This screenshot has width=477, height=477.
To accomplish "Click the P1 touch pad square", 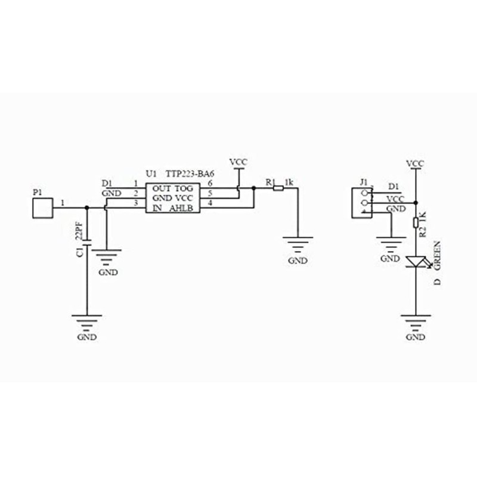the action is tap(42, 208).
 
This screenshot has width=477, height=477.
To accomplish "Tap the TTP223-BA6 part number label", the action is tap(190, 174).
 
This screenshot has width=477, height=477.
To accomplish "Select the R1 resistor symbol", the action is tap(278, 188).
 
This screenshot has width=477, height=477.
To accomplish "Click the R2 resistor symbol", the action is tap(416, 222).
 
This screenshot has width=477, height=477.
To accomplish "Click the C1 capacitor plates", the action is tap(87, 243).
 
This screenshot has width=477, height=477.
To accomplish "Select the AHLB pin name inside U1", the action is tap(181, 208).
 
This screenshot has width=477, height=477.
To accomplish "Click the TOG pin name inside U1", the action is tap(184, 188).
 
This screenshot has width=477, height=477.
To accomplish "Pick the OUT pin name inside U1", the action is tap(162, 188).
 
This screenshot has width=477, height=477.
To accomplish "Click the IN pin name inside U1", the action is tap(157, 208).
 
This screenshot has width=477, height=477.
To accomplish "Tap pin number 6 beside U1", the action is tap(210, 183).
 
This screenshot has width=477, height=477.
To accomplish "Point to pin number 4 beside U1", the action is tap(210, 203).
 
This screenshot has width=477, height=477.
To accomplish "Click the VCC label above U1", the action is tap(238, 162).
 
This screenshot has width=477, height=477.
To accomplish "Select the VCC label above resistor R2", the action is tap(415, 163).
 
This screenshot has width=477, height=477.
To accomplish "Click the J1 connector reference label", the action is tap(364, 182).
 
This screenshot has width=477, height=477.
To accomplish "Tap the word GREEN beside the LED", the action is tap(437, 255).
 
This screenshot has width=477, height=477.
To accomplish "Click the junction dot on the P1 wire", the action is tap(87, 207).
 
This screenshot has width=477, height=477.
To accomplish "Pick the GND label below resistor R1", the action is tap(298, 261).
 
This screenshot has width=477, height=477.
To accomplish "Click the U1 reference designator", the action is tap(151, 174).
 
